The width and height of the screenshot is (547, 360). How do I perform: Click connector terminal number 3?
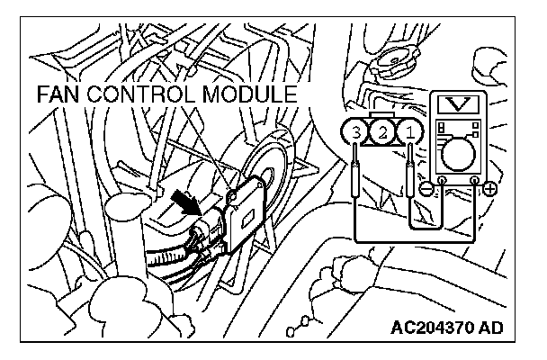click(357, 133)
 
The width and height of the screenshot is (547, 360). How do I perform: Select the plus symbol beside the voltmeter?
click(490, 191)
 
